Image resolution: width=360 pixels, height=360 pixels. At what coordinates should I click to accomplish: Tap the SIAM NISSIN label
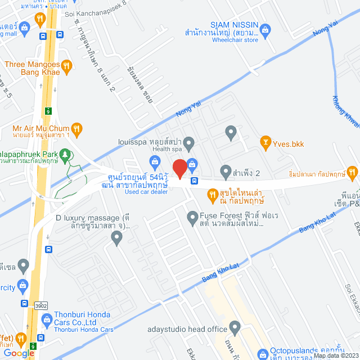[x=234, y=25]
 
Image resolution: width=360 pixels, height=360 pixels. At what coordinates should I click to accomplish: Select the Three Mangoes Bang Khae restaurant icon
[x=67, y=66]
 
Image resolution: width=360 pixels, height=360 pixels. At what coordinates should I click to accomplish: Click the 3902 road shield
[x=39, y=305]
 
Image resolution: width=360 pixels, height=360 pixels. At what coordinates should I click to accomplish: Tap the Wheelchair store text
[x=235, y=40]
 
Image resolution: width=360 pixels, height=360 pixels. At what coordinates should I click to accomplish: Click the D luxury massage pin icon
[x=116, y=238]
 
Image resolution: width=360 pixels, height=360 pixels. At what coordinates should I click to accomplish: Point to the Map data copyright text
[x=335, y=355]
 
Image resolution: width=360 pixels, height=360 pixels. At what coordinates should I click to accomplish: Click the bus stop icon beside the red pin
[x=194, y=181]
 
